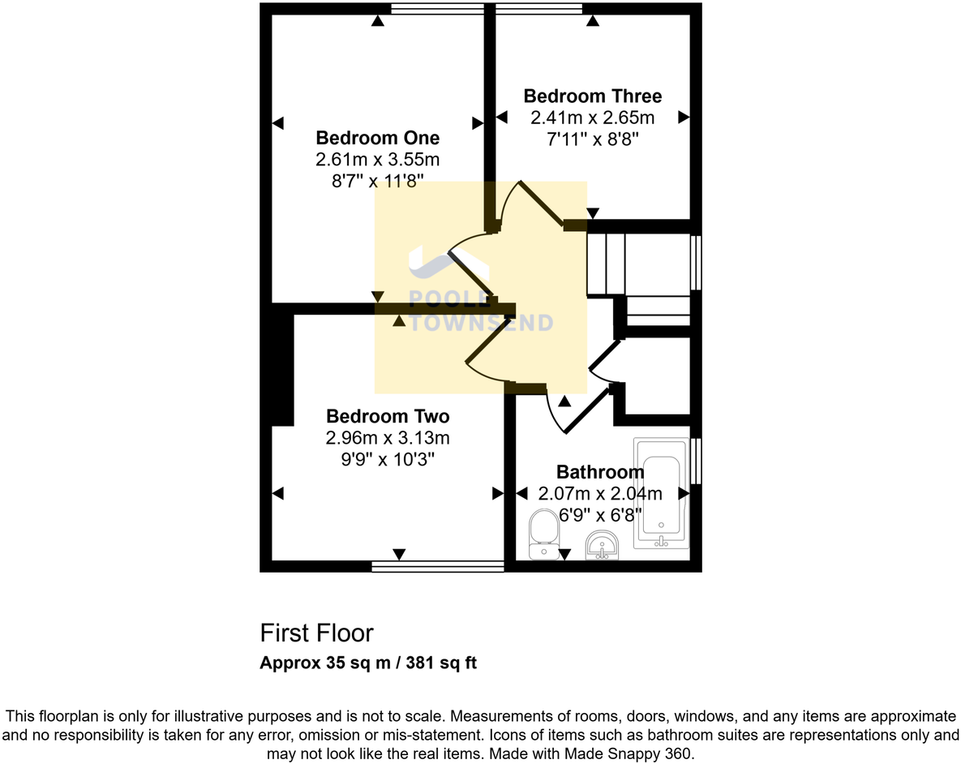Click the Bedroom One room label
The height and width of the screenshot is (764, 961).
(377, 137)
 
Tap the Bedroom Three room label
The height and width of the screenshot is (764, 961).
(592, 97)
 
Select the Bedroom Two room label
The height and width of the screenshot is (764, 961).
(388, 417)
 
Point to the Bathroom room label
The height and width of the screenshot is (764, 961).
(600, 472)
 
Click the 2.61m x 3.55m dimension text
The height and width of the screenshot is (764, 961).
(377, 159)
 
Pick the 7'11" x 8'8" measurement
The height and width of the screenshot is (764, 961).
(592, 139)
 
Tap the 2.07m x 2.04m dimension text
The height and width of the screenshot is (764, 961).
(600, 493)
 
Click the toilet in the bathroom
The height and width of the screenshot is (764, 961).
(543, 535)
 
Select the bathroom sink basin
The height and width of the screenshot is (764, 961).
(602, 545)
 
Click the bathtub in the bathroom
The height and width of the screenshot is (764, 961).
(661, 495)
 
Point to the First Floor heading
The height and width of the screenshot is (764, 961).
(316, 633)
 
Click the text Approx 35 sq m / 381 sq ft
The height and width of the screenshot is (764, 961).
(368, 663)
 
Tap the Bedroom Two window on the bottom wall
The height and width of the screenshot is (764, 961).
(438, 566)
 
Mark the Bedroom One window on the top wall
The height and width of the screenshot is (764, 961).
(437, 9)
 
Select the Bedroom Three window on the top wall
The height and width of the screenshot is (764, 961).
(539, 9)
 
